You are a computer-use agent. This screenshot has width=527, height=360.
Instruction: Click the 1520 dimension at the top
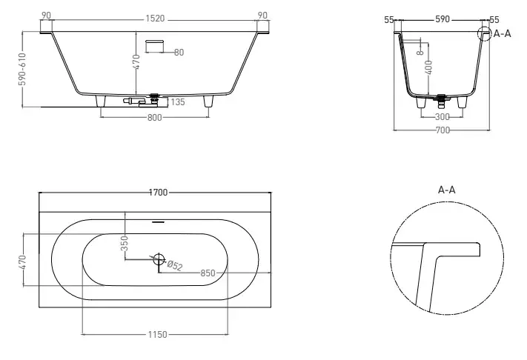tap(155, 19)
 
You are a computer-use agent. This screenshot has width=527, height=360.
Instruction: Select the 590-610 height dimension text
tap(22, 69)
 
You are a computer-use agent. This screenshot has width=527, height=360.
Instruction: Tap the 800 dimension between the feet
tap(155, 118)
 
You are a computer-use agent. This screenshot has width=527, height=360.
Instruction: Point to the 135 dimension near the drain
tap(178, 102)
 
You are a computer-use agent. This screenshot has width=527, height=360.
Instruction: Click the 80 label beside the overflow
tap(179, 53)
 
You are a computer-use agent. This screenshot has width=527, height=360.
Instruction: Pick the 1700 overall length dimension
tap(158, 193)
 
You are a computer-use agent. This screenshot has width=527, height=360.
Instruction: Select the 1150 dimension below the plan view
tap(157, 335)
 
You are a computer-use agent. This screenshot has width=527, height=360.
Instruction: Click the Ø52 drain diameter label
tap(175, 265)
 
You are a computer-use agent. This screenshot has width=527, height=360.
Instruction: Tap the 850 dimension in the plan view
tap(208, 273)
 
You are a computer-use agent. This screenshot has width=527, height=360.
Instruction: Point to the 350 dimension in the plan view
tap(125, 243)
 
